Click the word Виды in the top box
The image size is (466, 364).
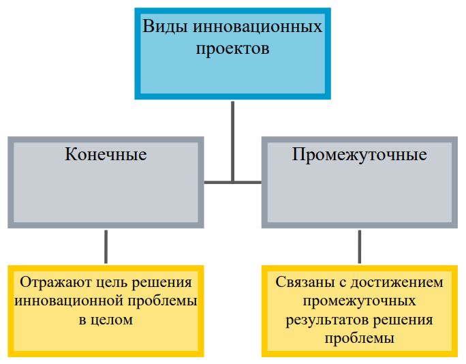coord(165,27)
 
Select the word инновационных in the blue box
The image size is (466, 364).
coord(258,27)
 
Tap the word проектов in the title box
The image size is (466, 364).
coord(232,49)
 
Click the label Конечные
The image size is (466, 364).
coord(106,154)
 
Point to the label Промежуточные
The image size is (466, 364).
coord(359,155)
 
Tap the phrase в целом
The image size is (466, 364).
coord(106,320)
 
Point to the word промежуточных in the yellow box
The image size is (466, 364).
coord(359,301)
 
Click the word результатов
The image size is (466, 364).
coord(327,320)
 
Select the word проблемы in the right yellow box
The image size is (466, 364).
coord(359,338)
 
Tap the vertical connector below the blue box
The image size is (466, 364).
coord(233,142)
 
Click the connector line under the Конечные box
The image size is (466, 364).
coord(106,247)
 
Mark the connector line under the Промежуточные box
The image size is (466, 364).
coord(360,247)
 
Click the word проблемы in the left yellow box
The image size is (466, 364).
coord(163,301)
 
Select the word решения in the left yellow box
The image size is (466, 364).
coord(161,283)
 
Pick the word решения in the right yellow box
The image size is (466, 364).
coord(403,320)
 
